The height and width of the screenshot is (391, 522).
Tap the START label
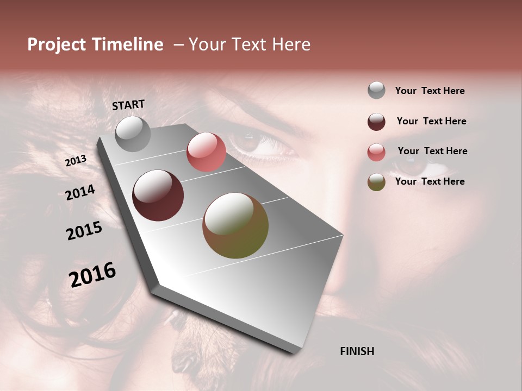[128, 105]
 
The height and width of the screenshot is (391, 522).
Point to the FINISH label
[357, 351]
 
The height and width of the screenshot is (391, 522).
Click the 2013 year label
[76, 161]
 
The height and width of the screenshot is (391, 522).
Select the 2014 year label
[80, 193]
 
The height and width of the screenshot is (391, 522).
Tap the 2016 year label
[92, 275]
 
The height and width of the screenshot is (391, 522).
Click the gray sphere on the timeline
[133, 134]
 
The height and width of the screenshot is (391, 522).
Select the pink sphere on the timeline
[206, 152]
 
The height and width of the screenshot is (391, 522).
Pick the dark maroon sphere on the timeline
[158, 195]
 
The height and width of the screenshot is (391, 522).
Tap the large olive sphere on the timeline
[235, 225]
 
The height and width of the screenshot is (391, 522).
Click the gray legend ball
[376, 90]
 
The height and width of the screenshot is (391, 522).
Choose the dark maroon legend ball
[376, 122]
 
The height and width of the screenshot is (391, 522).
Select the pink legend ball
[376, 152]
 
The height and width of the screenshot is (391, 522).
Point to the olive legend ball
[376, 182]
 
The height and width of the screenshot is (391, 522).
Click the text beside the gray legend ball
[430, 91]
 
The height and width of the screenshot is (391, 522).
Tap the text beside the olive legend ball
[430, 181]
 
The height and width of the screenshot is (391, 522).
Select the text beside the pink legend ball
[432, 151]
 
